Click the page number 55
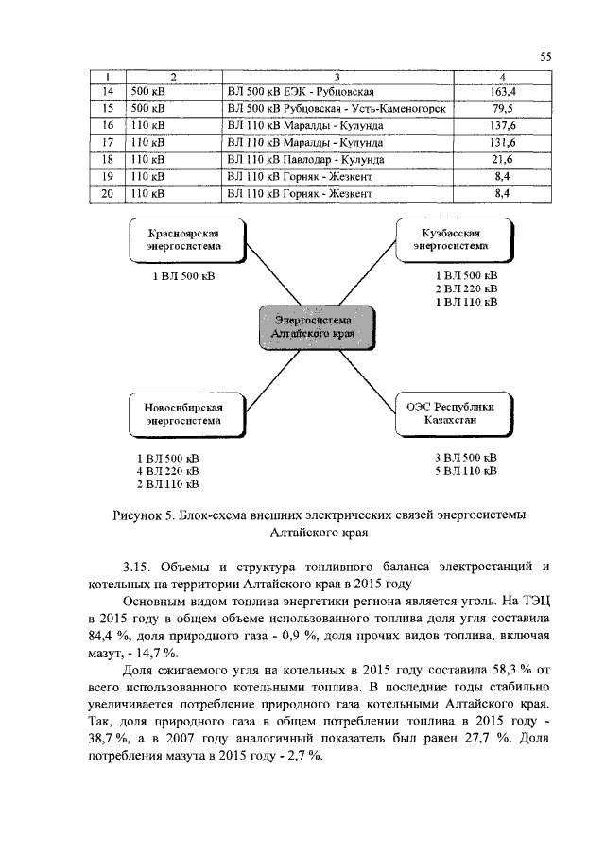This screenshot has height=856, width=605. pos(545,57)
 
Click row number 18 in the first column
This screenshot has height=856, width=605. pos(108,159)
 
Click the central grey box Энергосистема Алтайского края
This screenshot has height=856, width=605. pos(312,328)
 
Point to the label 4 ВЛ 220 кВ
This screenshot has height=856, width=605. pos(167,471)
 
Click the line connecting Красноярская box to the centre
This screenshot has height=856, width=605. pos(245,284)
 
